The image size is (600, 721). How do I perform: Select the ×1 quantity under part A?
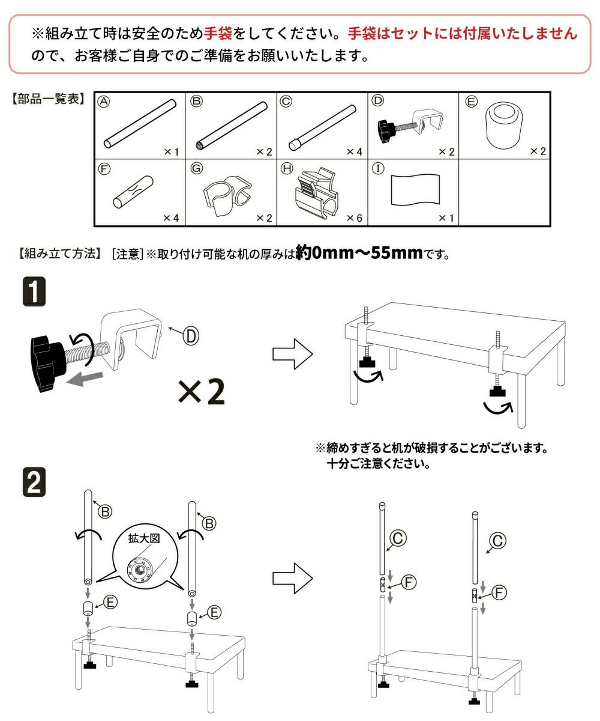click(x=170, y=152)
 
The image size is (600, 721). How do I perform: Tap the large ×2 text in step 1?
click(x=202, y=392)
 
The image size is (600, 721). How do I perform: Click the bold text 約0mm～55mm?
click(x=360, y=252)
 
